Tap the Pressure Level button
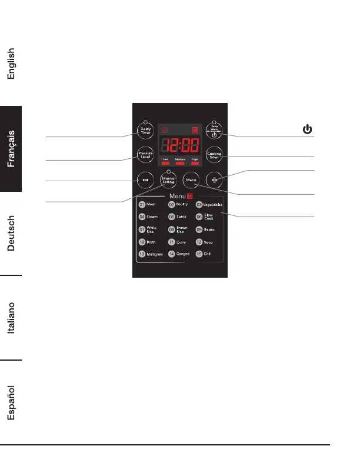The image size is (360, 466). [x=145, y=155]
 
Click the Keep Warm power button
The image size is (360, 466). [x=215, y=131]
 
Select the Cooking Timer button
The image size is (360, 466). [x=215, y=156]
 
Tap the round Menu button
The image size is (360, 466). [x=191, y=180]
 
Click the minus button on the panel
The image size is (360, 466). [x=145, y=180]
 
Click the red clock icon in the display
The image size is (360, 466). [x=165, y=130]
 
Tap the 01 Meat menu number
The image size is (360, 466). [x=142, y=204]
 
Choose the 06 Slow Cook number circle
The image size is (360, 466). [x=199, y=217]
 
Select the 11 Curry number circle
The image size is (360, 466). [x=171, y=242]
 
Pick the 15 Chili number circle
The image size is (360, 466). [x=199, y=254]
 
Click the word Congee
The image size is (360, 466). [x=184, y=254]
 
